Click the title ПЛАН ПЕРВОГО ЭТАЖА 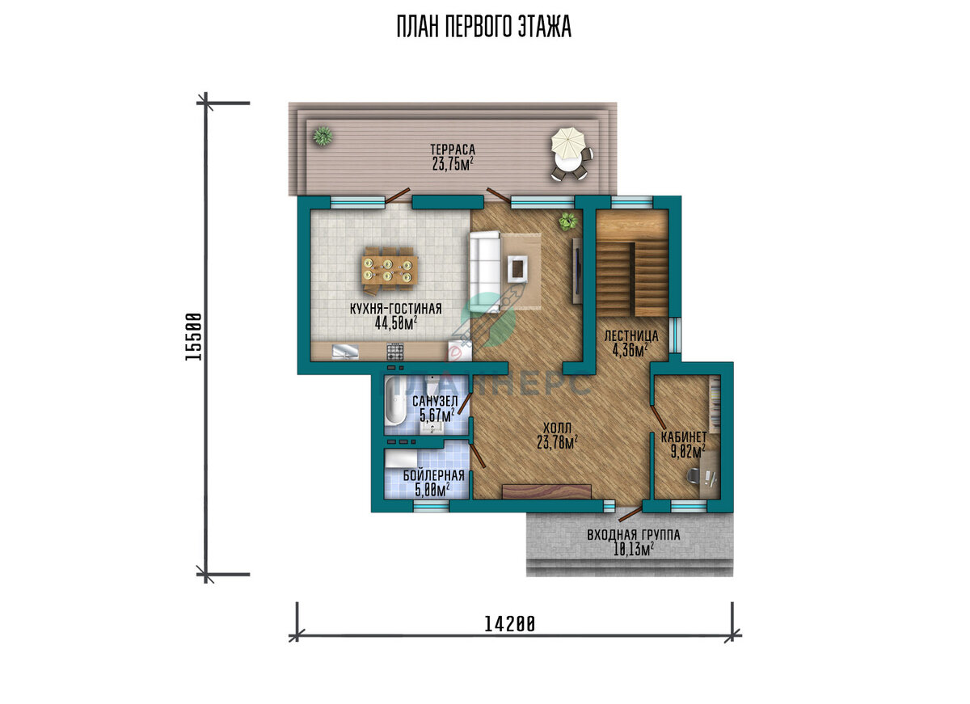(x=484, y=27)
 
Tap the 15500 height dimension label (x=193, y=337)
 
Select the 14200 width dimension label (x=509, y=624)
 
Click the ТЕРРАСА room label (x=453, y=150)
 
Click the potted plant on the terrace (x=323, y=136)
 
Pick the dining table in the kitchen (x=390, y=270)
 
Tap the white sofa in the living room (x=485, y=271)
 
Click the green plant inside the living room (x=568, y=221)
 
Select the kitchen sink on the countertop (x=345, y=352)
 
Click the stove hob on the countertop (x=395, y=352)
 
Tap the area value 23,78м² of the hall (x=557, y=442)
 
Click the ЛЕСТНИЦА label (x=631, y=336)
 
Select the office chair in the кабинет (x=694, y=475)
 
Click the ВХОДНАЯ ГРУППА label (x=634, y=535)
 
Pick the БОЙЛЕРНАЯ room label (x=433, y=475)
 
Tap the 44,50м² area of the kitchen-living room (x=396, y=323)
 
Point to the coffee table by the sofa (x=517, y=268)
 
